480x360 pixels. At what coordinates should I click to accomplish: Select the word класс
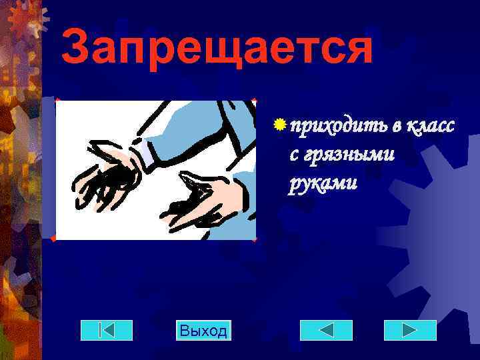point(429,126)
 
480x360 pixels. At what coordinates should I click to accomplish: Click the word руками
point(323,183)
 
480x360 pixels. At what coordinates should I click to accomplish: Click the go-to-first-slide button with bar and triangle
point(107,330)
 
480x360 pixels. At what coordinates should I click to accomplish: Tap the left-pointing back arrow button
point(326,330)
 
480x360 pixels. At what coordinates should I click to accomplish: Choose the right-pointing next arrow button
point(410,330)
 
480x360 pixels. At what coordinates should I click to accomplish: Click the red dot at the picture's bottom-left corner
point(53,238)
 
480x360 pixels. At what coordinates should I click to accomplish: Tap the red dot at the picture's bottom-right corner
point(255,237)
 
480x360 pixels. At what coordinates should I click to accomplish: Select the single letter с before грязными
point(294,156)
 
